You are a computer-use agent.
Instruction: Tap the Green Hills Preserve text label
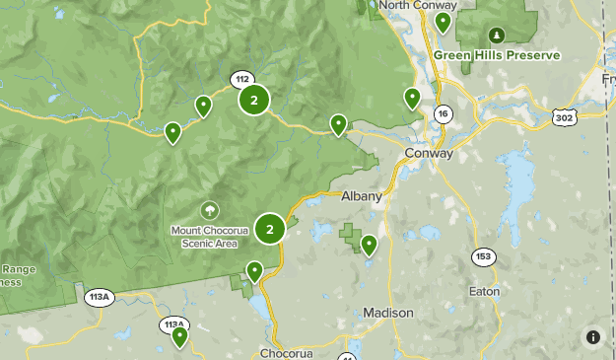click(x=497, y=55)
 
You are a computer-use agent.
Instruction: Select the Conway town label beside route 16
click(x=429, y=154)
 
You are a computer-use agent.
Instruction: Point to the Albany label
click(x=361, y=195)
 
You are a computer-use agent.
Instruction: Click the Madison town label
click(x=388, y=313)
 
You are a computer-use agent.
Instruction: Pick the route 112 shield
click(x=241, y=79)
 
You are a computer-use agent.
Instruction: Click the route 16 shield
click(x=444, y=114)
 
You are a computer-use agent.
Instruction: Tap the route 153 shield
click(x=483, y=256)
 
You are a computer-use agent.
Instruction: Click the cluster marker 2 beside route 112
click(x=254, y=100)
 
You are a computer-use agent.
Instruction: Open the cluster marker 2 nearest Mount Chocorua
click(x=270, y=229)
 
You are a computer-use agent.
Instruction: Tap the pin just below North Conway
click(x=443, y=22)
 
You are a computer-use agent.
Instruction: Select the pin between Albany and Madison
click(x=370, y=245)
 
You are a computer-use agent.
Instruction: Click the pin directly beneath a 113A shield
click(x=179, y=337)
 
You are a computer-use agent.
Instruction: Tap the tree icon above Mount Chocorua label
click(x=209, y=210)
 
